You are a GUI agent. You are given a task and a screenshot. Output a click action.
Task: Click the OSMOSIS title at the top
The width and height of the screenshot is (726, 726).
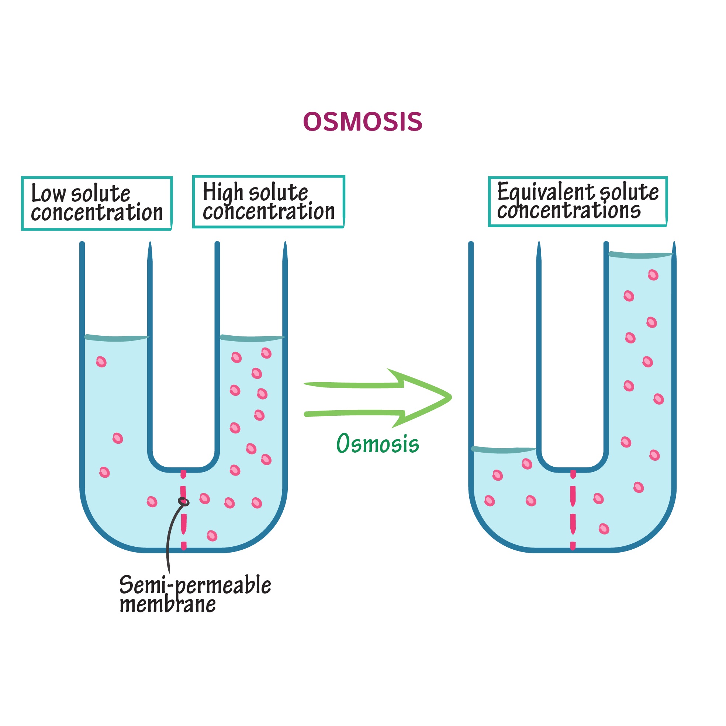point(363,122)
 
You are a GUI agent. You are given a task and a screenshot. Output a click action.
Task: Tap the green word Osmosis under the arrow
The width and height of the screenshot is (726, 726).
point(377,444)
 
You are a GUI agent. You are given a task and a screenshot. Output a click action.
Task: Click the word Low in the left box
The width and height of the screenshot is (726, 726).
point(48,194)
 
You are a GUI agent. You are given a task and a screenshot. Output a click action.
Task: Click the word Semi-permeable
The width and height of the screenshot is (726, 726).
point(195,585)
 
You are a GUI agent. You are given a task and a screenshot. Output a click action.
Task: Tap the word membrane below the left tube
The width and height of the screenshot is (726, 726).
point(167,605)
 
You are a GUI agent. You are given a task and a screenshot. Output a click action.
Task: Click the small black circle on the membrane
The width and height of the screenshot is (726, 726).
point(183,501)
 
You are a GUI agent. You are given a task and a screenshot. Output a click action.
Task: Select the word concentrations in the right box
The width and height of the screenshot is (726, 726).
point(568,211)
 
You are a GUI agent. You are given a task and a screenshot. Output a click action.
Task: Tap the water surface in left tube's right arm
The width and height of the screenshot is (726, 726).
point(251,338)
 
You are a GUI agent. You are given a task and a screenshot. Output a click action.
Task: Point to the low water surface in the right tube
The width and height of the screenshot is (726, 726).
point(504,450)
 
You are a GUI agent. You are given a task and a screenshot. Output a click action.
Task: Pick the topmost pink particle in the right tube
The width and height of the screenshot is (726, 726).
point(653,275)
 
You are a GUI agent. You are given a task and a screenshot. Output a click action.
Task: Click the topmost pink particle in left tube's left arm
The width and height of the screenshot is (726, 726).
point(101,362)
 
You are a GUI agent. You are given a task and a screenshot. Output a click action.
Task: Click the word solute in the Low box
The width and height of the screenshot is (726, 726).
point(100,194)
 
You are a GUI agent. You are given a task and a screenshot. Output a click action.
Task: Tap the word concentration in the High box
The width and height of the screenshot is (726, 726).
point(268,211)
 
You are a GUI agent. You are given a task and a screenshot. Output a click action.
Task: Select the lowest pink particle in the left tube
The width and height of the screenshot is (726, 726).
point(212,536)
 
